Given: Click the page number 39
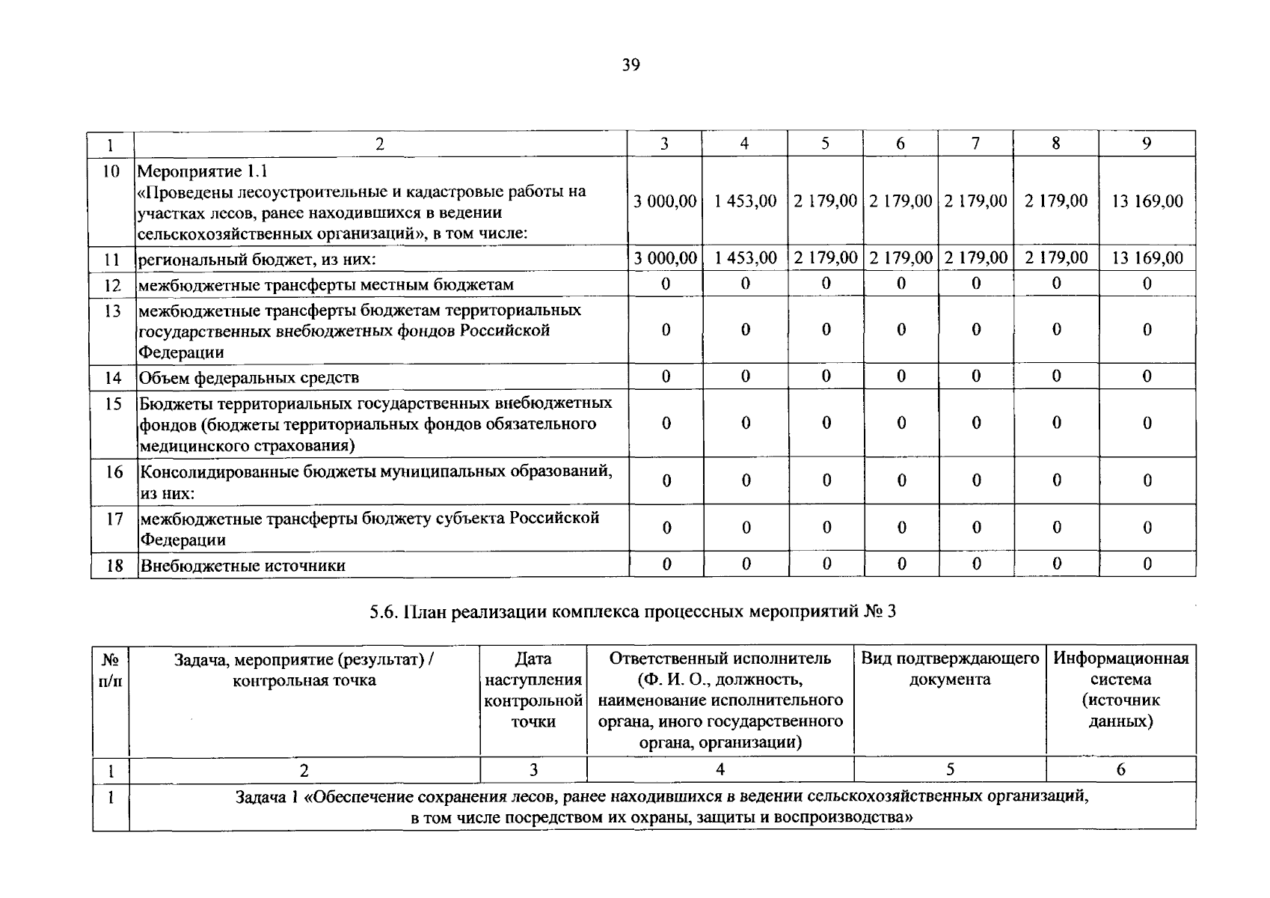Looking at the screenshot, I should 631,66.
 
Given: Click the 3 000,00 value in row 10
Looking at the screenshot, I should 665,201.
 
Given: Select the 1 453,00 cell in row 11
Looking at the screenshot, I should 745,258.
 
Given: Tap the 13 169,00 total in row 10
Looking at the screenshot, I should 1147,201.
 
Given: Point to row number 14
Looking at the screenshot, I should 113,377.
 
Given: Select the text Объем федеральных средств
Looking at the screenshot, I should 249,377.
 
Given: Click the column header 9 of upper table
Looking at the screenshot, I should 1147,144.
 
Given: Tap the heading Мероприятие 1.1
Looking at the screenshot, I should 203,171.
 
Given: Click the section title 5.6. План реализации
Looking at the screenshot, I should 632,611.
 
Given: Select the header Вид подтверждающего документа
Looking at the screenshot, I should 950,669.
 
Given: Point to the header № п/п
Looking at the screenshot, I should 111,669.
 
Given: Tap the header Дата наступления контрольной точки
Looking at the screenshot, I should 533,689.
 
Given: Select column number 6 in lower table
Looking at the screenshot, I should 1120,769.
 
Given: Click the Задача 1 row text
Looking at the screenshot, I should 662,807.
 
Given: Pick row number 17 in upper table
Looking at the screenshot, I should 114,518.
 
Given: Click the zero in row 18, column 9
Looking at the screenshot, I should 1147,564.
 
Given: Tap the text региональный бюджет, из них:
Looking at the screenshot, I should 257,260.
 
